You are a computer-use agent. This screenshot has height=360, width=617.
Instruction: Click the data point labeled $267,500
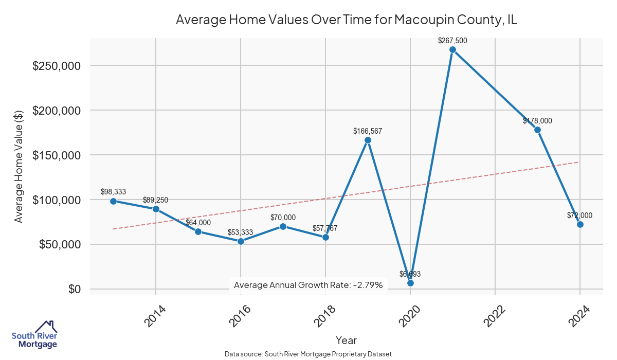[x=452, y=50]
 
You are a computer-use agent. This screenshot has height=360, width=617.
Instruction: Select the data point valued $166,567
[x=368, y=140]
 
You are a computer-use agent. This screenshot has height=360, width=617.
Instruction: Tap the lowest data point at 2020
[x=410, y=283]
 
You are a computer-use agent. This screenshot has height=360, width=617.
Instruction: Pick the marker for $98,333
[x=113, y=201]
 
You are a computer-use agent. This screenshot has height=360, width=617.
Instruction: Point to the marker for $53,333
[x=241, y=241]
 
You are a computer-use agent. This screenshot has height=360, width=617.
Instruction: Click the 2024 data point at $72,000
[x=580, y=224]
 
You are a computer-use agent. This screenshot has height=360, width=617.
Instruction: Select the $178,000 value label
[x=537, y=121]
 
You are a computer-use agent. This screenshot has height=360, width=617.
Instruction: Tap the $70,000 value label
[x=283, y=218]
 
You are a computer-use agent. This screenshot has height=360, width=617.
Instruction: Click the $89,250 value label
[x=155, y=200]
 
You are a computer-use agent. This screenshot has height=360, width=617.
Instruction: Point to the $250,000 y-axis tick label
[x=56, y=66]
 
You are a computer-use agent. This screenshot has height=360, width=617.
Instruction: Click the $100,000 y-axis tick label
[x=56, y=200]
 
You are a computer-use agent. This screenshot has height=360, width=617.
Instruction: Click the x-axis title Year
[x=346, y=340]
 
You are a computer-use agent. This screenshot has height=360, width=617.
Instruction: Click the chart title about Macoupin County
[x=346, y=20]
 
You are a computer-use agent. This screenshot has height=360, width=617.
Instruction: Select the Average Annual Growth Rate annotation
[x=308, y=284]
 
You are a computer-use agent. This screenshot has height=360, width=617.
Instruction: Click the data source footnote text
[x=308, y=354]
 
